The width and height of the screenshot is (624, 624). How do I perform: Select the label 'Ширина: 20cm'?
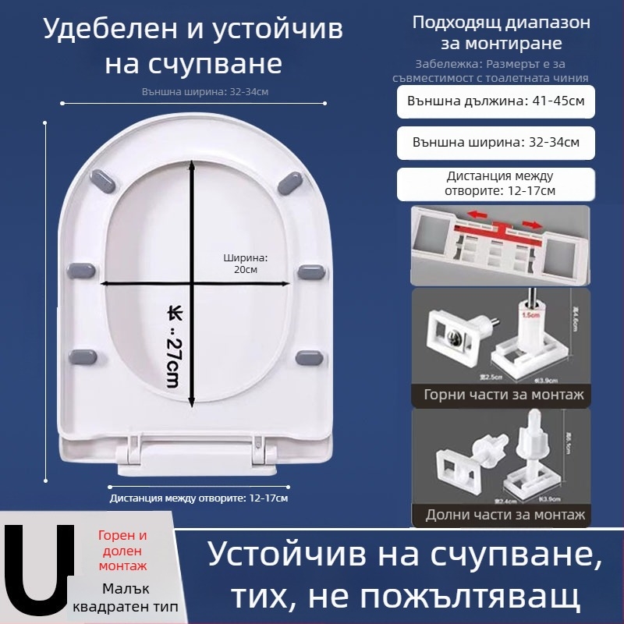click(245, 263)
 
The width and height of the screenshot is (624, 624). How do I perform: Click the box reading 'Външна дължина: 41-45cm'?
click(496, 101)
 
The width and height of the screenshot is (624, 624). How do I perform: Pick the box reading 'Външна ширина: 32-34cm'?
click(496, 143)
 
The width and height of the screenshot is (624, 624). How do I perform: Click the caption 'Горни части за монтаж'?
click(503, 395)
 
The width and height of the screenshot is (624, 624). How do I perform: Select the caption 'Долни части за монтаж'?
click(505, 515)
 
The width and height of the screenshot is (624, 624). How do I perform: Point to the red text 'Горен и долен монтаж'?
click(122, 551)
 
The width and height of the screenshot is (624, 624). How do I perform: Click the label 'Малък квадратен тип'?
click(125, 597)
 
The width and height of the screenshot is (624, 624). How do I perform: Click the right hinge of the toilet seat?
click(264, 455)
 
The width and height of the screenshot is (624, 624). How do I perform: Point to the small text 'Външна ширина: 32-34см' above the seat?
click(205, 91)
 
